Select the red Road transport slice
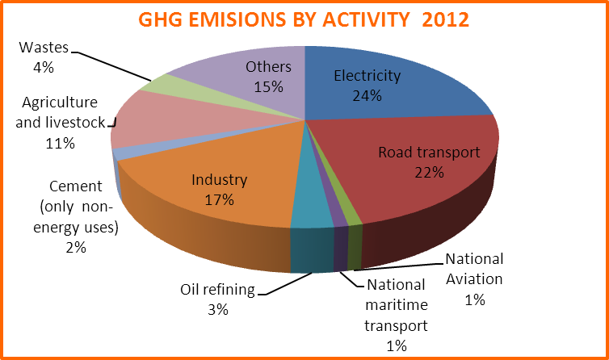[419, 167]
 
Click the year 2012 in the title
[446, 19]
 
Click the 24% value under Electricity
[367, 96]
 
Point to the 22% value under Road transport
[429, 173]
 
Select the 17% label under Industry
[220, 200]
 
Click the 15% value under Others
[268, 87]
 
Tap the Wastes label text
[44, 48]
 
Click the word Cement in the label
[76, 186]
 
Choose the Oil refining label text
[217, 290]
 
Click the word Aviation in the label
[474, 279]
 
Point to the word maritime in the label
[397, 305]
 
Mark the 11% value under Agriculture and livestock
[61, 144]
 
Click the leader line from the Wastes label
[111, 66]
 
